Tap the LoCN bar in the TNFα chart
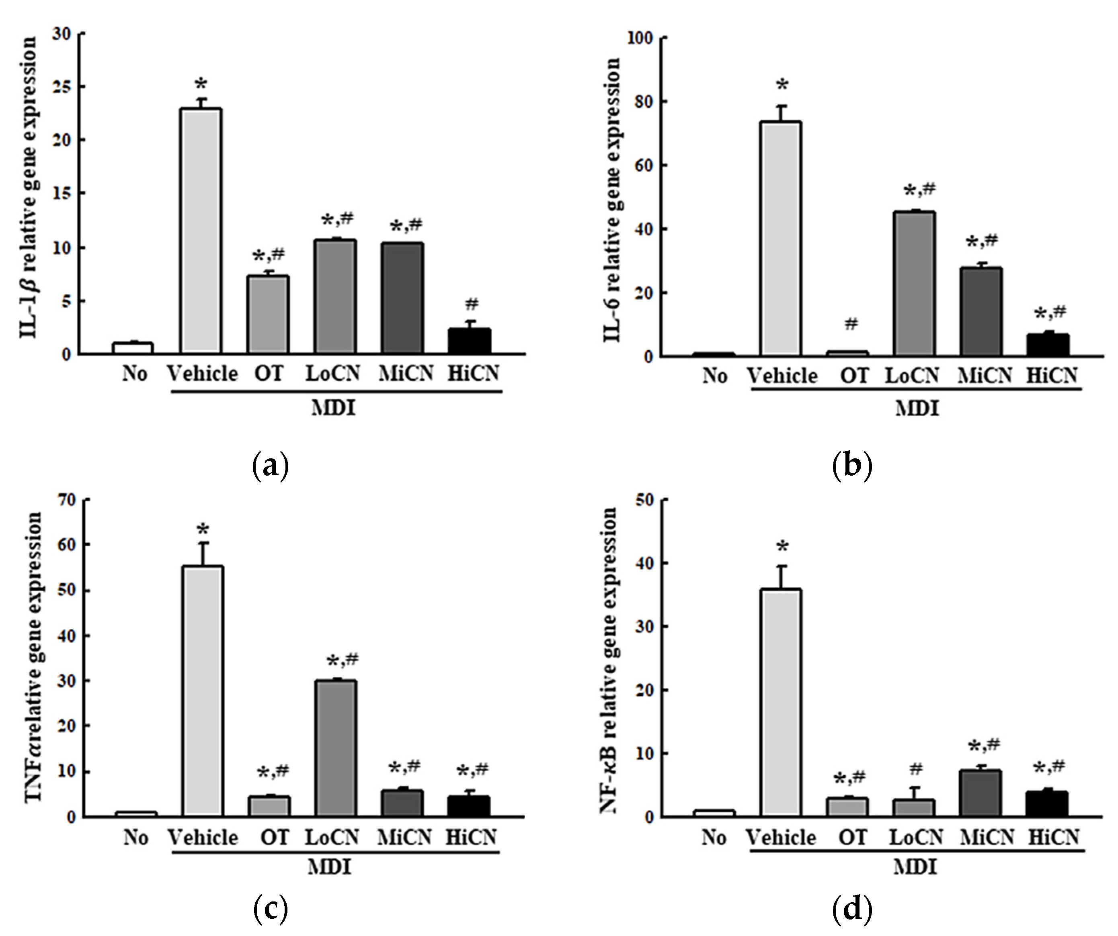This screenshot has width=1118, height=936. [x=335, y=748]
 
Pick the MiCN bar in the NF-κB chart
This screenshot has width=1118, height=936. [x=981, y=793]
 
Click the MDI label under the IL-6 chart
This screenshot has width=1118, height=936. [x=917, y=409]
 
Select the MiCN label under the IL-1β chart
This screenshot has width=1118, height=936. [x=406, y=374]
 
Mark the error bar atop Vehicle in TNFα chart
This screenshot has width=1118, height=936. [x=202, y=554]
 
